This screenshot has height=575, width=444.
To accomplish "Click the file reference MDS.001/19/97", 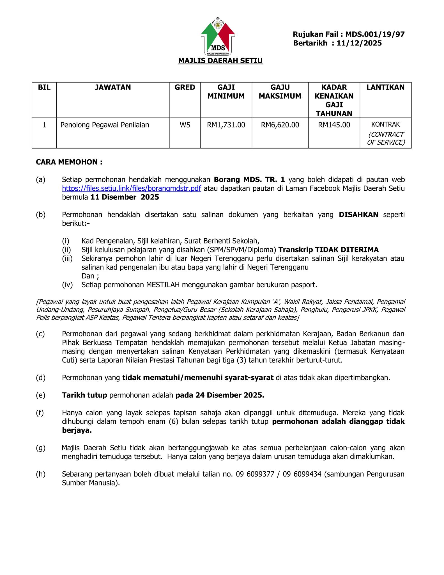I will (x=375, y=34).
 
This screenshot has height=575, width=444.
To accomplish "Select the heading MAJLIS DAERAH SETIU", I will (x=220, y=61).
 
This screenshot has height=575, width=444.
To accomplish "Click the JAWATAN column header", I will (x=113, y=87).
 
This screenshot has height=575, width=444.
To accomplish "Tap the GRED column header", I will (x=185, y=87).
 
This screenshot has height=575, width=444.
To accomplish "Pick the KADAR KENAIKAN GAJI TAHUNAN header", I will (x=334, y=100).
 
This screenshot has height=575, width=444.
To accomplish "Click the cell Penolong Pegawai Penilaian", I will (x=105, y=125).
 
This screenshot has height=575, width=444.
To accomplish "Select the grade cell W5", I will (x=185, y=125).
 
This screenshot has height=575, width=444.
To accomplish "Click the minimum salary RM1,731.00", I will (x=226, y=125).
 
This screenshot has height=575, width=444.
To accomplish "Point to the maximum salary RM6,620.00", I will (x=280, y=125).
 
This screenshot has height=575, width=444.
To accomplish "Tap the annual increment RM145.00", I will (x=334, y=125).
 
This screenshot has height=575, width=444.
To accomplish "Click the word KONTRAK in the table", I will (x=385, y=124).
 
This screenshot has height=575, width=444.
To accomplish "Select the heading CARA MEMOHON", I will (x=69, y=162).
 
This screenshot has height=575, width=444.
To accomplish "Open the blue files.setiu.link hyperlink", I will (x=131, y=188).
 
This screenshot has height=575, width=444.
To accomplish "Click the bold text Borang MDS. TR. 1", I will (x=249, y=179).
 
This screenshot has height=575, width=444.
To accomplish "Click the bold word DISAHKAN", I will (x=358, y=215).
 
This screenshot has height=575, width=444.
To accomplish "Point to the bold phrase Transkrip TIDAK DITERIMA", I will (x=328, y=250).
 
